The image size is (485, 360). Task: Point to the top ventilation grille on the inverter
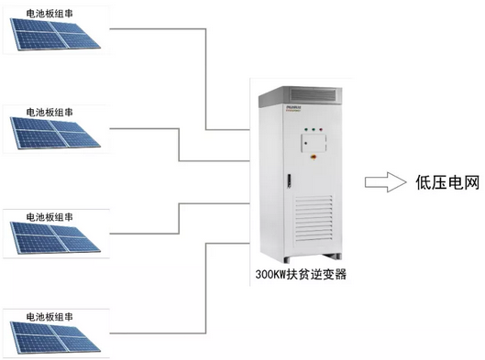point(314,94)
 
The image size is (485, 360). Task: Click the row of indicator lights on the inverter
point(314,128)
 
